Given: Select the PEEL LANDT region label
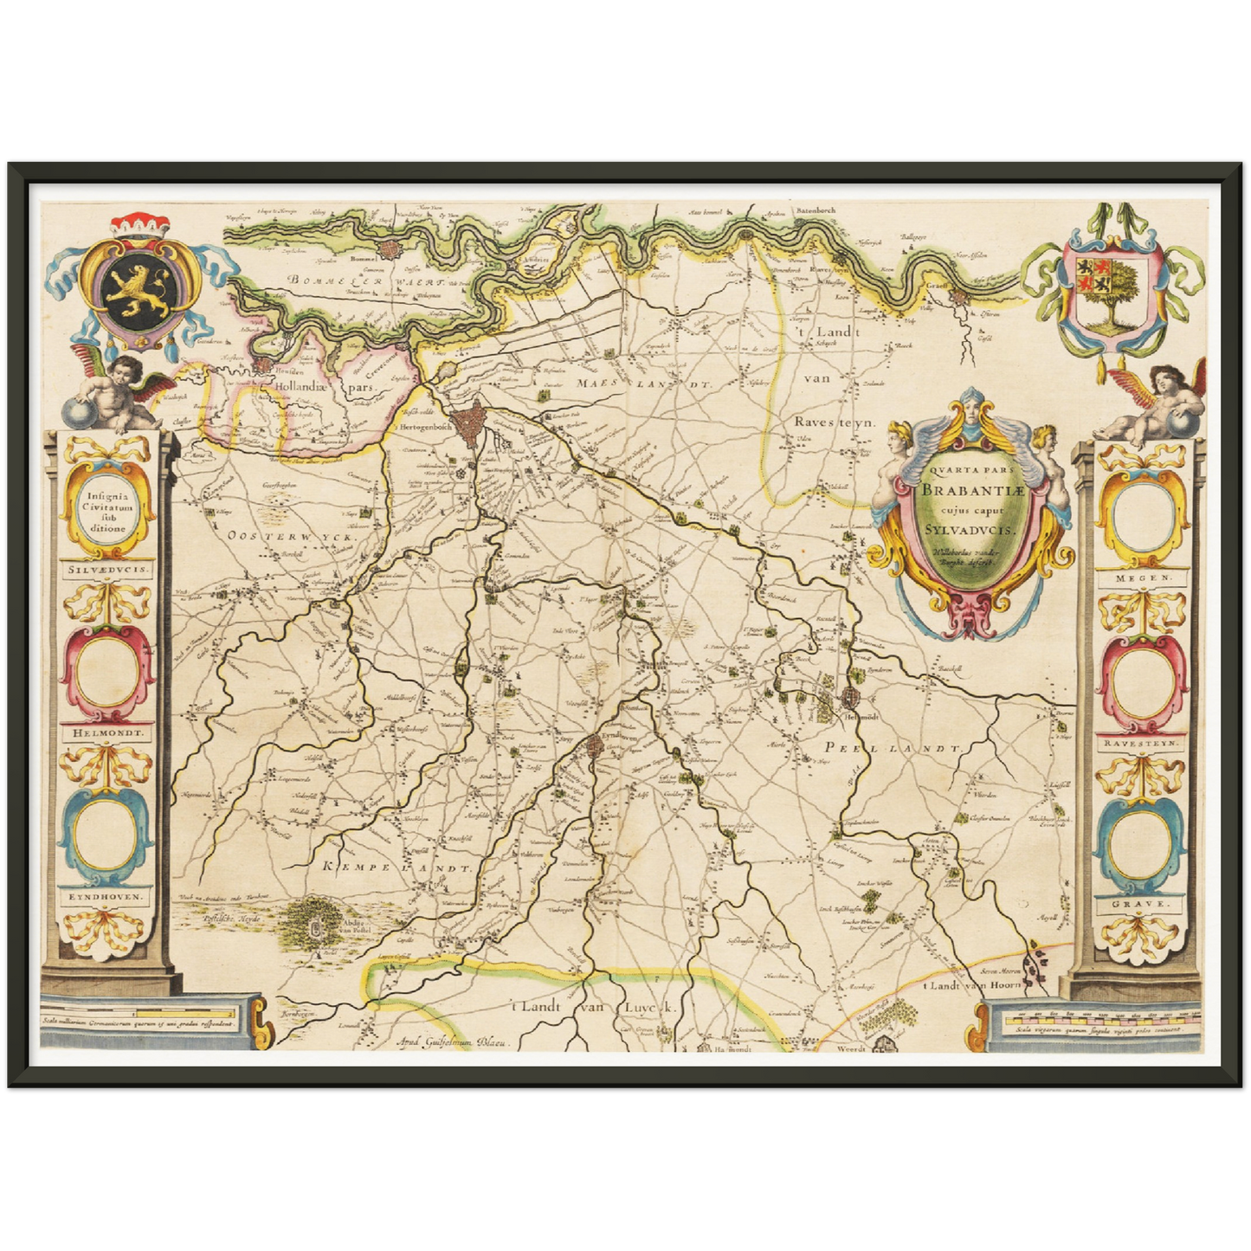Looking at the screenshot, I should pos(893,748).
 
